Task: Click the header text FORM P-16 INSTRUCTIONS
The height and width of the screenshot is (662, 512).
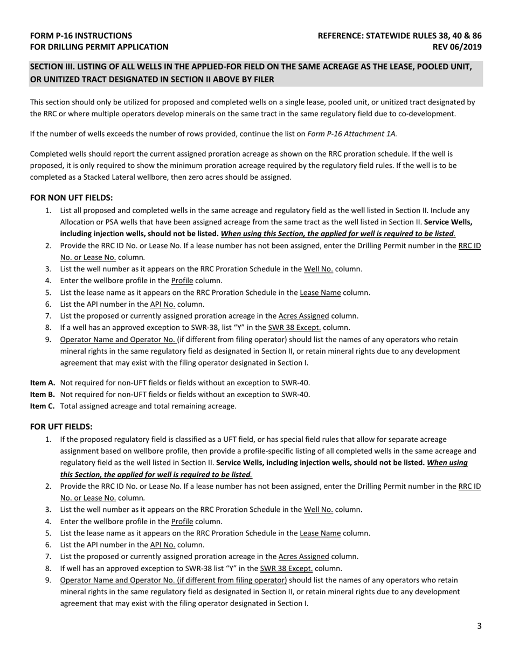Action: click(81, 36)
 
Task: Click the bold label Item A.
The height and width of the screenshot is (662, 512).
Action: click(43, 383)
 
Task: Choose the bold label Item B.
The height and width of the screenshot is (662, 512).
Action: click(43, 394)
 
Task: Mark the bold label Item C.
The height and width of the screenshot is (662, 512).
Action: click(43, 406)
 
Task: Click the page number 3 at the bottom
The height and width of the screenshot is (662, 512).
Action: click(479, 625)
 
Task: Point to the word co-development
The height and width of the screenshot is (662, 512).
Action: click(428, 114)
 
